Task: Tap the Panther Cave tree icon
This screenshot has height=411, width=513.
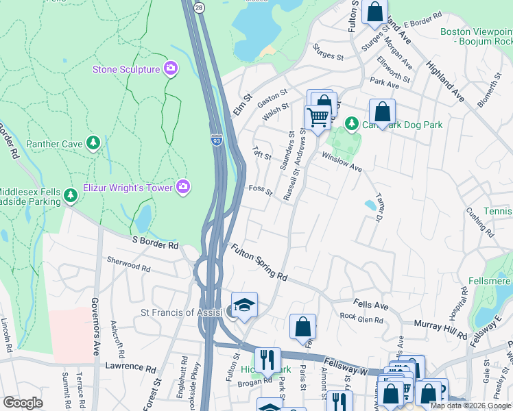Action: point(93,143)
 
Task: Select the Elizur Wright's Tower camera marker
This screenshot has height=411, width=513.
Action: point(183,186)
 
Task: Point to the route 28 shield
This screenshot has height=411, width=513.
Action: point(198,6)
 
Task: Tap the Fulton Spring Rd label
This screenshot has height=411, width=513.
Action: point(259,262)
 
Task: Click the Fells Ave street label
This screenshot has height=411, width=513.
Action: point(371,303)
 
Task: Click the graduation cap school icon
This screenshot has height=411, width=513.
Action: point(243,306)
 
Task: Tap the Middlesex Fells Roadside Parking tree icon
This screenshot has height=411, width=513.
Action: point(70,197)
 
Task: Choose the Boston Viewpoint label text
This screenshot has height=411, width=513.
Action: point(476,32)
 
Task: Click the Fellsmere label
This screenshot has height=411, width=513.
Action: point(490,281)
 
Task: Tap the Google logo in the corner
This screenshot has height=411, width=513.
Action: point(23,402)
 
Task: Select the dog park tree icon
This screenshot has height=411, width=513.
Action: point(351,123)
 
